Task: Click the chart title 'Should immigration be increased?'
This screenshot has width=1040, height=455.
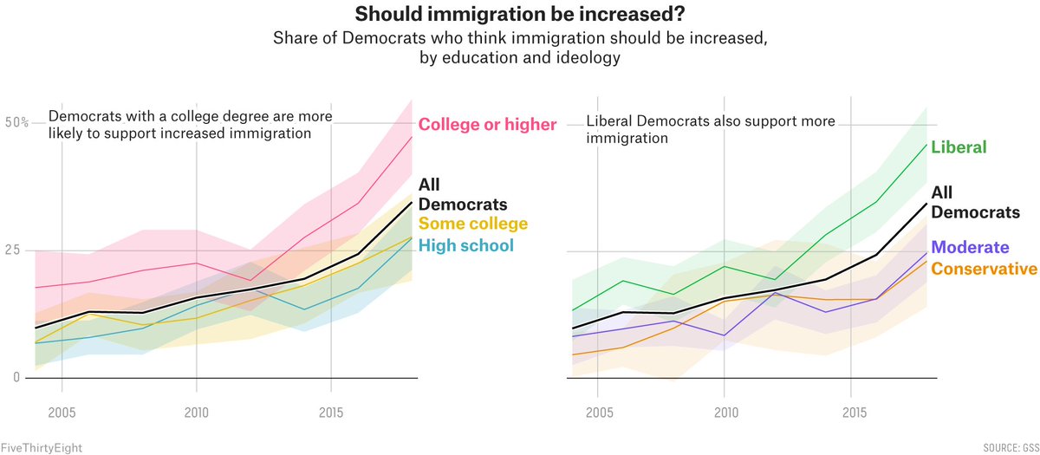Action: click(x=520, y=16)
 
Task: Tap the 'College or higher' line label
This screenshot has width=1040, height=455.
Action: click(x=487, y=125)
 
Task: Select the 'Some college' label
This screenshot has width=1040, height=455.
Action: click(x=473, y=224)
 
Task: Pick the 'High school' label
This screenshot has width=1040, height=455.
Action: click(x=465, y=245)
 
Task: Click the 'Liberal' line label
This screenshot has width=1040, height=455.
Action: click(x=959, y=147)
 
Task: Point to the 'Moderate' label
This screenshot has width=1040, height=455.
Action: click(x=970, y=247)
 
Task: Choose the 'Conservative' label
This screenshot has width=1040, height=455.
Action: click(x=984, y=269)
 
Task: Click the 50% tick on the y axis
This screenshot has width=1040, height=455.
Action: click(x=17, y=123)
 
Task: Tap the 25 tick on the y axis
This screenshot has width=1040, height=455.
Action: click(x=12, y=250)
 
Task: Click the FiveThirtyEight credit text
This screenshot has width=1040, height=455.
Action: click(x=42, y=448)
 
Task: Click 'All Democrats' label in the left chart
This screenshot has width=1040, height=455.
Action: click(x=451, y=194)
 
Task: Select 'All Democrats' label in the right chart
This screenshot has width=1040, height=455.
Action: click(x=975, y=203)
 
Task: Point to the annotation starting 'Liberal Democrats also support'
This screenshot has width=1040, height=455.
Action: click(x=711, y=129)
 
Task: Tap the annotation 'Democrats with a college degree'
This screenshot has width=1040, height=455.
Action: click(x=190, y=125)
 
